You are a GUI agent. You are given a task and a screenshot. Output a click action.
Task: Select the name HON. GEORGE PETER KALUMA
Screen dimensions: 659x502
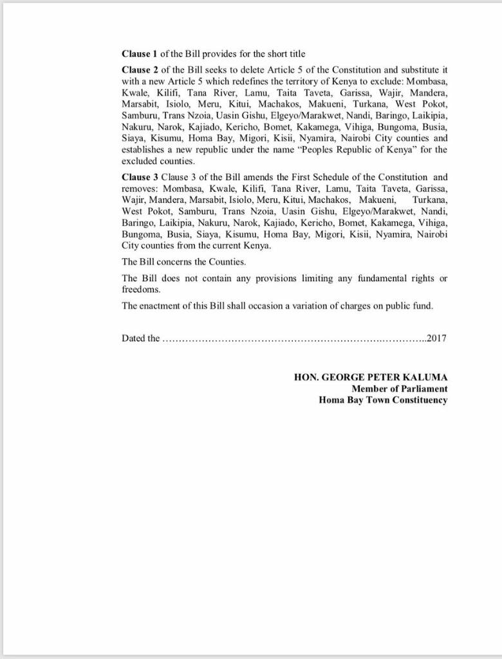(x=371, y=377)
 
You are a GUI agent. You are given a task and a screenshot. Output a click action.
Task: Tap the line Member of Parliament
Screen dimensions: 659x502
(x=399, y=389)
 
